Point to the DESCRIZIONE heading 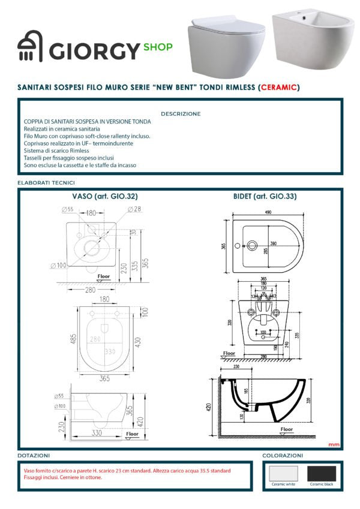(x=181, y=113)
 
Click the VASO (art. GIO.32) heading (x=105, y=196)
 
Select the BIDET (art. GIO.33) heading (x=265, y=196)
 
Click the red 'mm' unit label (x=334, y=444)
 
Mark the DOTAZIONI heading (x=34, y=456)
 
